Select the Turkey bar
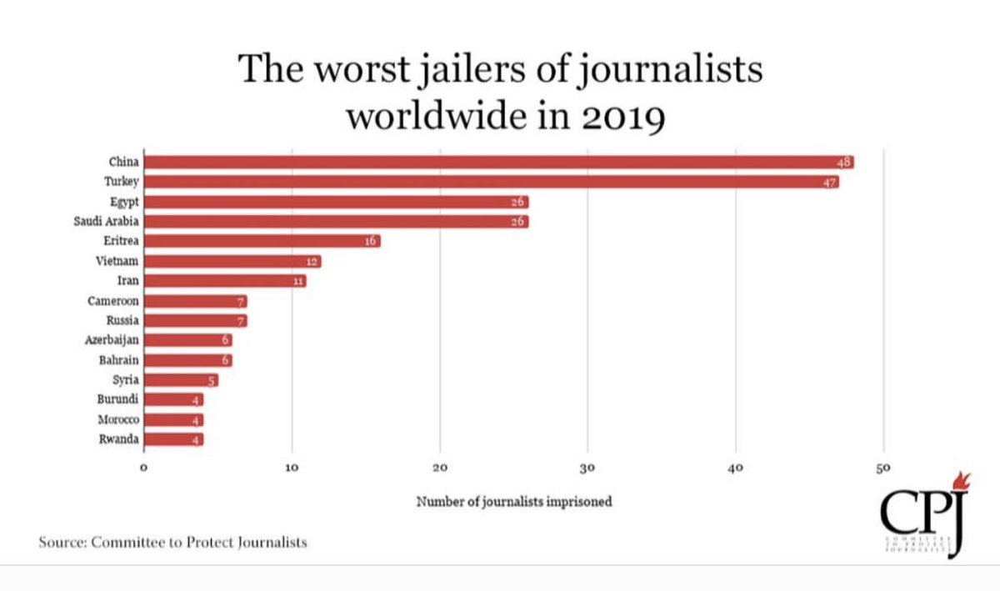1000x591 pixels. coord(491,183)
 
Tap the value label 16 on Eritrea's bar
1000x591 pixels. coord(371,242)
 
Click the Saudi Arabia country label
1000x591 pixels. coord(106,222)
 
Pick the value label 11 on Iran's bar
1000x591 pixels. coord(298,282)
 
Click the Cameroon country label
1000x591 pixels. coord(113,301)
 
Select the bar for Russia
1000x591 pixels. coord(195,321)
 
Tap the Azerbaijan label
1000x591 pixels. coord(112,341)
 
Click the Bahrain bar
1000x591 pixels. coord(187,360)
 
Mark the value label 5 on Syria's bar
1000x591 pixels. coord(212,381)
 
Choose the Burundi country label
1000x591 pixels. coord(117,400)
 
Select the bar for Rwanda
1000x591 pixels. coord(173,439)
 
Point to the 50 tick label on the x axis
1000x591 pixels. coord(883,469)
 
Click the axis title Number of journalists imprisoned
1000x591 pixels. coord(514,502)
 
